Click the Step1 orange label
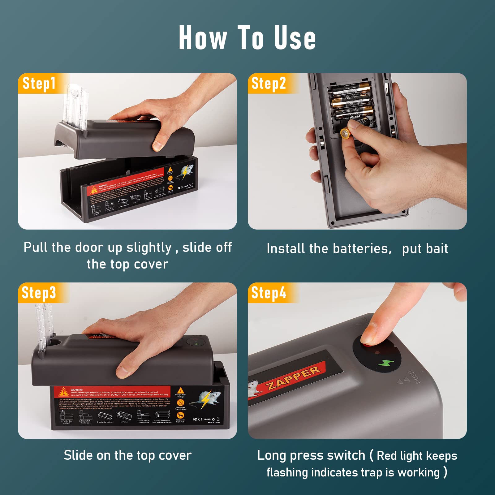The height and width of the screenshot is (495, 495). click(x=39, y=84)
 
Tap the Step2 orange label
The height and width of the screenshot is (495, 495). click(x=269, y=84)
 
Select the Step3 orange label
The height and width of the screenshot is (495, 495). click(x=39, y=293)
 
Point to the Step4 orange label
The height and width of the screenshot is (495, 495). click(x=269, y=293)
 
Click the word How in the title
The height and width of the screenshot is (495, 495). click(x=203, y=38)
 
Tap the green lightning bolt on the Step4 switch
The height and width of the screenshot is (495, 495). click(x=385, y=363)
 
